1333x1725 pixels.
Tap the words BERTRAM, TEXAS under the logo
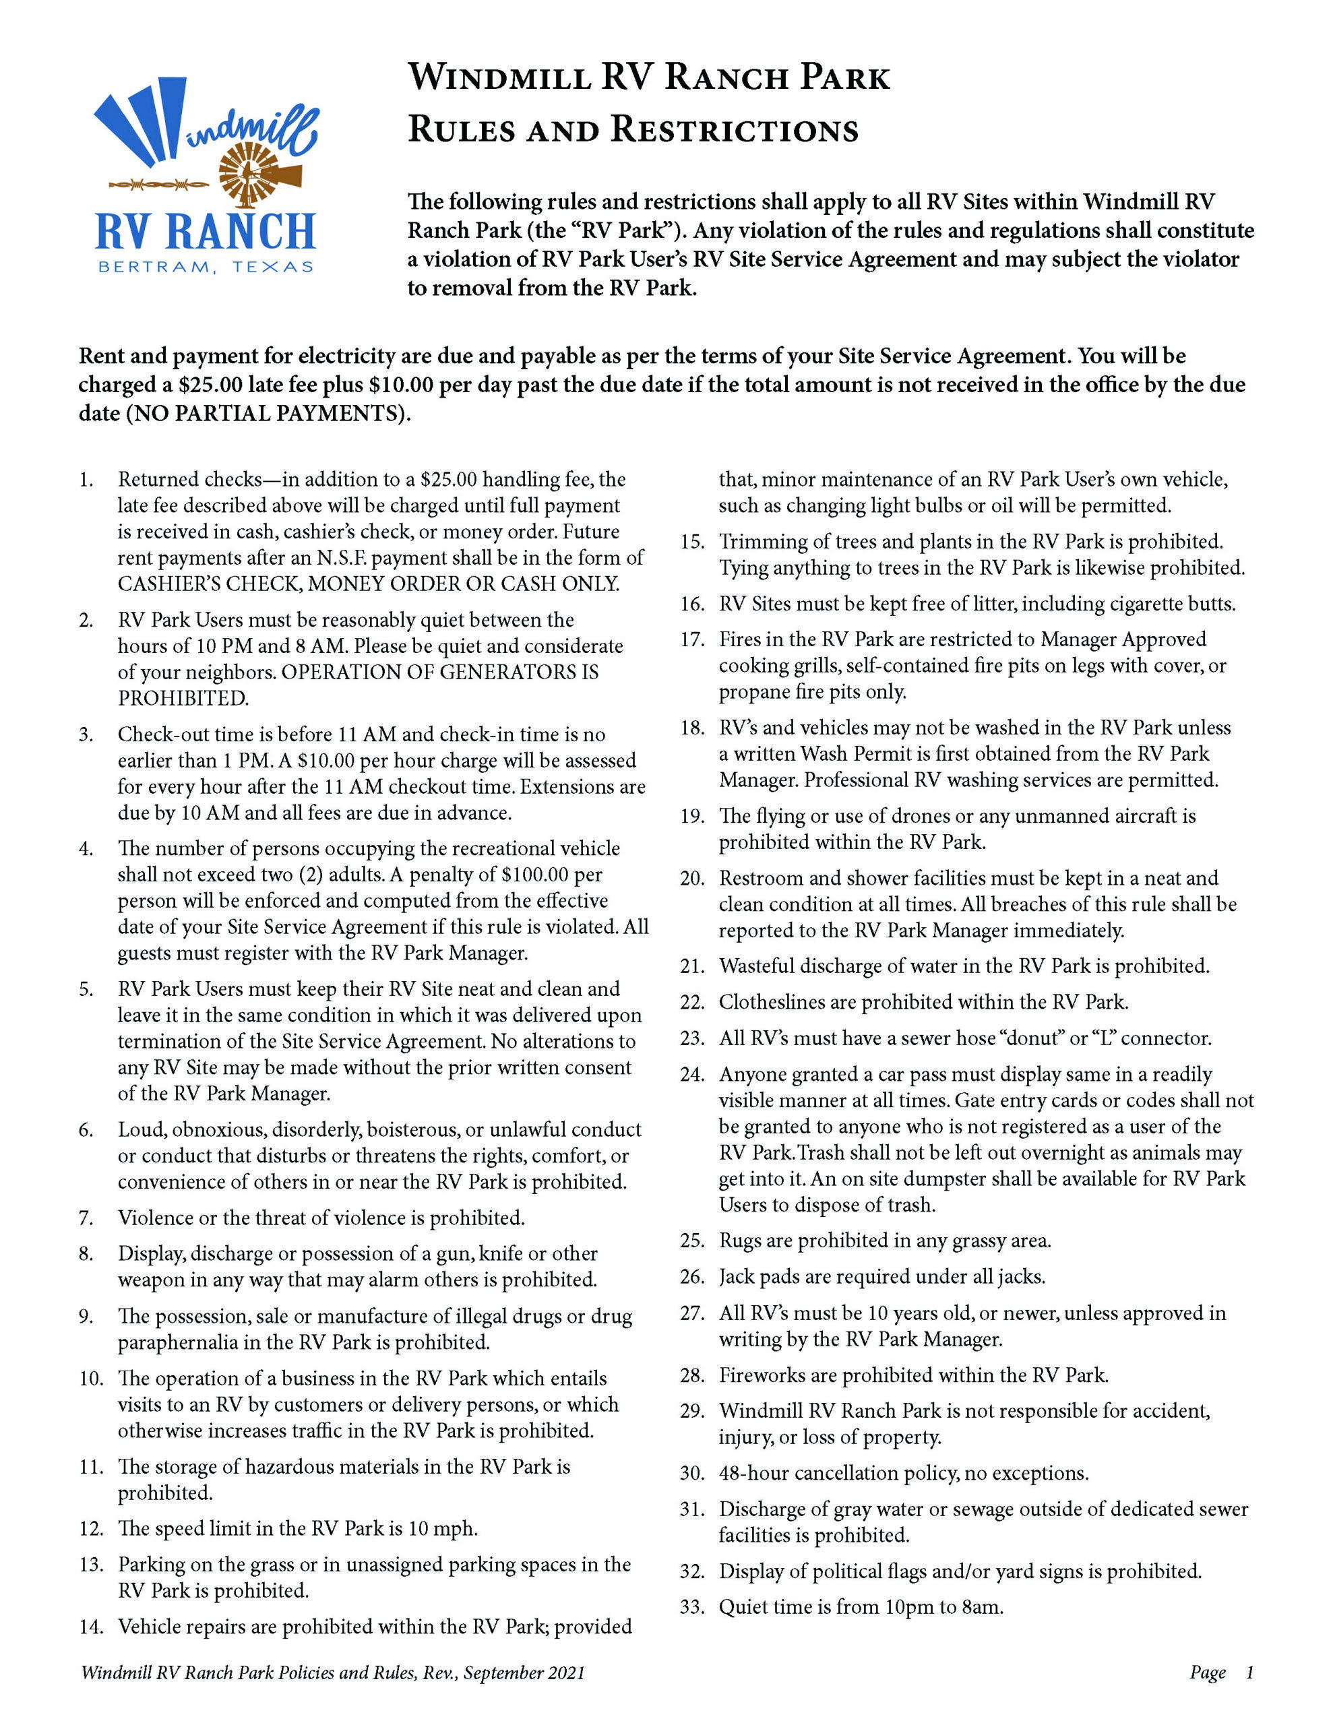[x=206, y=267]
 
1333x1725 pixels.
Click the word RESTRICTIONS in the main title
[x=735, y=129]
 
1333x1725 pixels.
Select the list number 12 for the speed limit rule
[x=92, y=1528]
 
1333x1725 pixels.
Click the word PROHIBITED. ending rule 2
[x=183, y=698]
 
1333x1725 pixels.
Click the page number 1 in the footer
[x=1249, y=1672]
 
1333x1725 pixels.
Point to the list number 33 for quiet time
[x=691, y=1606]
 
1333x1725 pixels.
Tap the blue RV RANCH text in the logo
[x=206, y=230]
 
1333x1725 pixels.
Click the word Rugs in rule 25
[x=739, y=1240]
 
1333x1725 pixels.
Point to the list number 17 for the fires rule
[x=691, y=639]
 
